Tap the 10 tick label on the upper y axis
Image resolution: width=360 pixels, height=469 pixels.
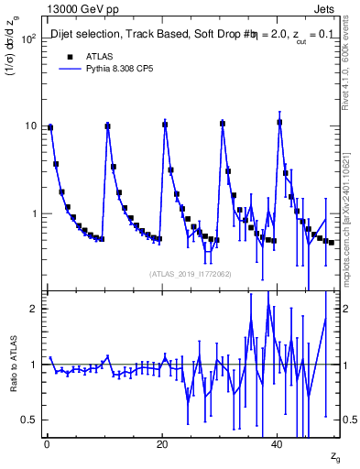pos(29,126)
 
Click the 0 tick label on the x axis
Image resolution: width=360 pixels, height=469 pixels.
pos(46,444)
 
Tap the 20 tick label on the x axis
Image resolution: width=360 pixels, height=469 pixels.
pos(161,444)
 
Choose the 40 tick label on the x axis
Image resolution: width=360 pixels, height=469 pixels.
pos(277,444)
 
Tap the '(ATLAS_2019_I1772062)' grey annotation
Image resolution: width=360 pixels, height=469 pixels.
pos(191,272)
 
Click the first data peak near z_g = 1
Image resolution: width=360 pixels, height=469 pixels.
pos(50,127)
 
